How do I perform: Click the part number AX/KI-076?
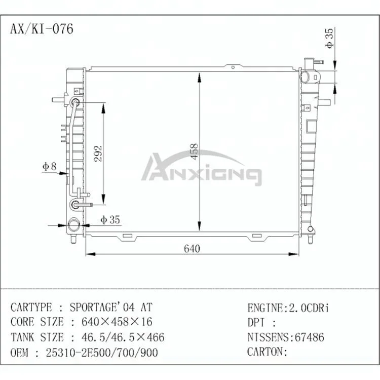click(x=42, y=29)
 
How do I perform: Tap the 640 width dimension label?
click(x=192, y=249)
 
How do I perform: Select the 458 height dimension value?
click(x=195, y=151)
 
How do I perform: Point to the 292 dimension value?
click(x=98, y=154)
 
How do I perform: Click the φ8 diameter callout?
click(x=50, y=166)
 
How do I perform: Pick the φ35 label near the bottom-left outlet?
click(x=110, y=219)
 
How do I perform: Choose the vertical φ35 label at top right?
click(x=329, y=38)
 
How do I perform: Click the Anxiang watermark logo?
click(x=202, y=168)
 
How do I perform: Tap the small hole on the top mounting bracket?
click(x=233, y=67)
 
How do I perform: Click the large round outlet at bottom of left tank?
click(x=74, y=224)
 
